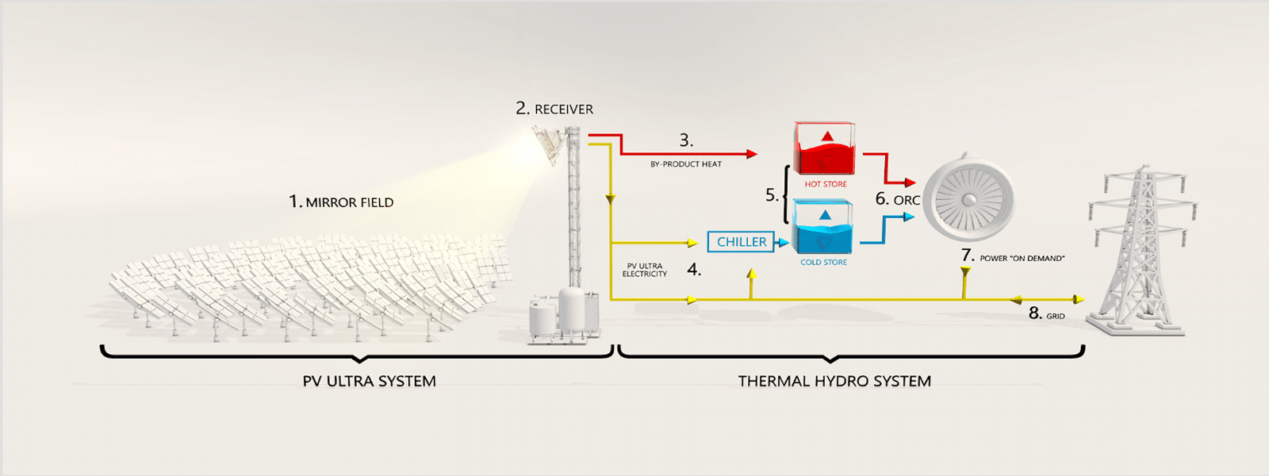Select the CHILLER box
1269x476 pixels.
pos(741,242)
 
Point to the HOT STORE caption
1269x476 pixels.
pos(826,184)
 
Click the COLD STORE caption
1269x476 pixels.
pos(823,263)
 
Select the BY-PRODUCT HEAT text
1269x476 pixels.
pos(686,164)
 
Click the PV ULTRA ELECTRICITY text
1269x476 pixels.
pos(645,271)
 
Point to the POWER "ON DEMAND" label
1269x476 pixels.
pos(1022,259)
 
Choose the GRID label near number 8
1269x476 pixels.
pos(1055,317)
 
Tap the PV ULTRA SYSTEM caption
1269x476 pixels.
pos(369,382)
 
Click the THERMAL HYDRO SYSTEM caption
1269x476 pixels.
pos(834,382)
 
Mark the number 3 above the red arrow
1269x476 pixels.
pos(686,140)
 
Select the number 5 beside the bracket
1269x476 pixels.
pos(771,195)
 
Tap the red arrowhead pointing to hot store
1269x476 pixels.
pos(752,154)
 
